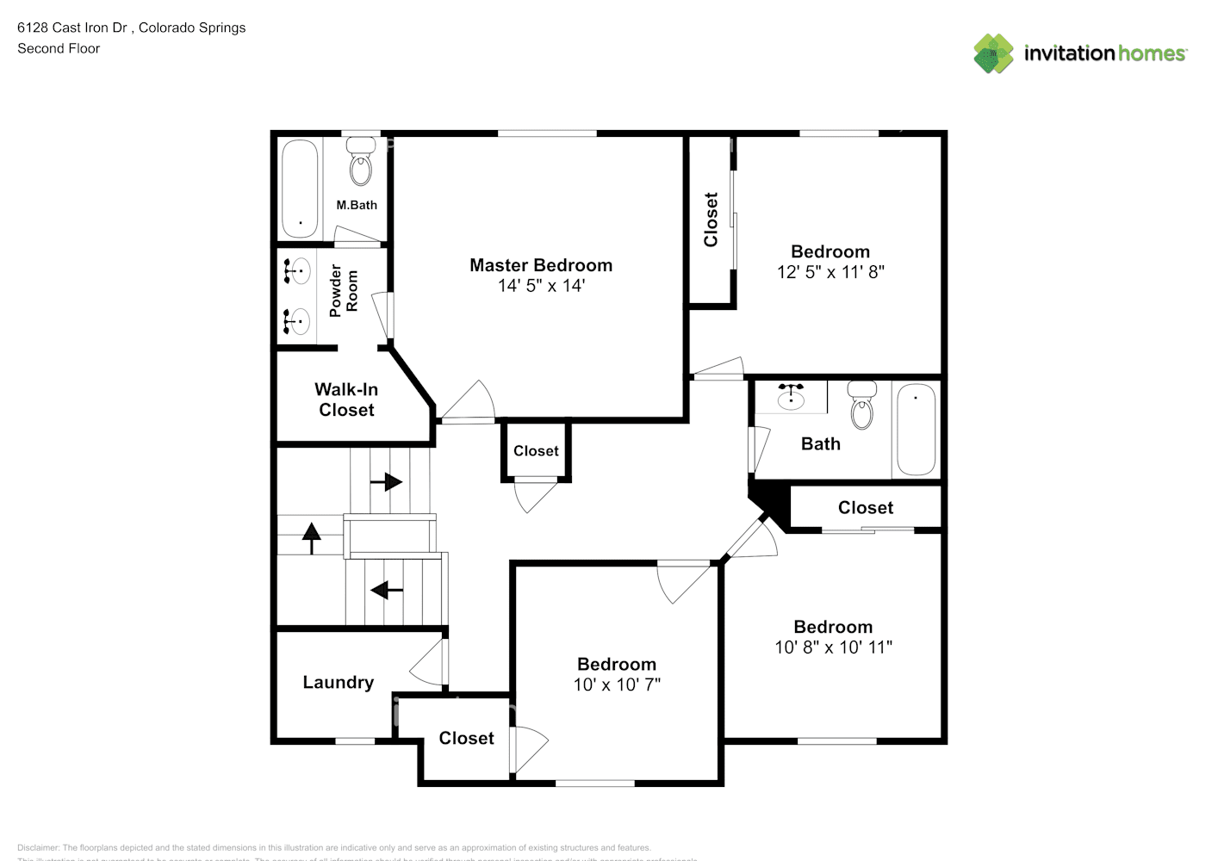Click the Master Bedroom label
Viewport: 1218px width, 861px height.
[541, 265]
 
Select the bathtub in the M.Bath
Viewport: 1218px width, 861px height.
[300, 189]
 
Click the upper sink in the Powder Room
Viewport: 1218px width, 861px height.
[297, 272]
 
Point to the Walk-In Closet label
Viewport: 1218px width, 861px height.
[346, 400]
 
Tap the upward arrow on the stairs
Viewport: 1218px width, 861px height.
[311, 539]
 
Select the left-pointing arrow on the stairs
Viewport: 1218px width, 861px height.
[387, 591]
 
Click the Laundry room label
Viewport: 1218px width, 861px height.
[338, 683]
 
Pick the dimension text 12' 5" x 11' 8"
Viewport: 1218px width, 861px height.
[830, 272]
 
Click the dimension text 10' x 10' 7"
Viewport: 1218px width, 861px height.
[617, 684]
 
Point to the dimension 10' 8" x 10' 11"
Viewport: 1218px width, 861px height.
[833, 647]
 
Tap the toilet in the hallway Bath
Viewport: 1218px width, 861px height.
[861, 406]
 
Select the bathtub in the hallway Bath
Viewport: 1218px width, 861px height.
[917, 430]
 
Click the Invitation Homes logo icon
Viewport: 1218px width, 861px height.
[993, 53]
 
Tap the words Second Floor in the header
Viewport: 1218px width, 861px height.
[59, 48]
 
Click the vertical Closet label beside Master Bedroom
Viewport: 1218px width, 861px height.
[711, 220]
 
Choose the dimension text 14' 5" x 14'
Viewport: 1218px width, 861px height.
[541, 286]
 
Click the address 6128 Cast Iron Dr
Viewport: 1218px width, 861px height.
[72, 28]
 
